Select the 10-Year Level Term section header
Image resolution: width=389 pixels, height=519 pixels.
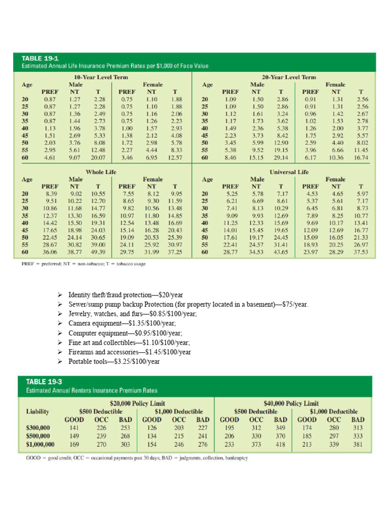coord(101,77)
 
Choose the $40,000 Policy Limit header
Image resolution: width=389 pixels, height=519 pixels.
coord(291,403)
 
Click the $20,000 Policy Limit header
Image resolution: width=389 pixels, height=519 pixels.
coord(137,403)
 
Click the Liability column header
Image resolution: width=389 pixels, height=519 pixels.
coord(37,412)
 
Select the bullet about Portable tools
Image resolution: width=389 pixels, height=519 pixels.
coord(114,361)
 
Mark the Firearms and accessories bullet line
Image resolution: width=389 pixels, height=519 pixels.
coord(130,352)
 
